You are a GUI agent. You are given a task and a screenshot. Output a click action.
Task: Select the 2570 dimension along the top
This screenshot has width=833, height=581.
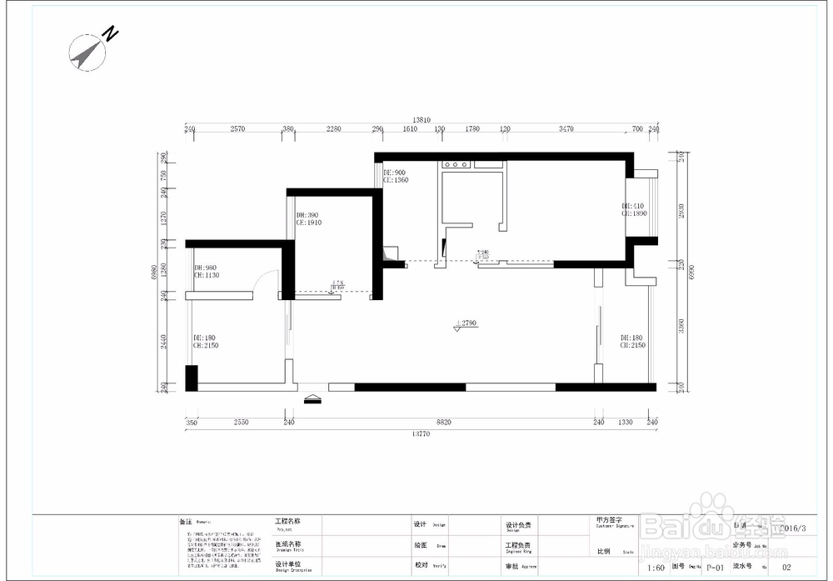point(237,129)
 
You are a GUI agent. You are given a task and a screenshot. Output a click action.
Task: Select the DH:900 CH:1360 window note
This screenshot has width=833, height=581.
point(395,176)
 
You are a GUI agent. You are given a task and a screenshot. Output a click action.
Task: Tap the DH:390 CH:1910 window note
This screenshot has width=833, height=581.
point(308,219)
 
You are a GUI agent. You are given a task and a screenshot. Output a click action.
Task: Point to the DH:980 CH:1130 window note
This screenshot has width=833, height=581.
point(205,271)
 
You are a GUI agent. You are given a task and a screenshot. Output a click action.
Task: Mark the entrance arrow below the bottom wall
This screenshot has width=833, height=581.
point(312,399)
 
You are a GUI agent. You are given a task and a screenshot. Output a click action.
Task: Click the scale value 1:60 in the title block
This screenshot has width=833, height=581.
point(656,568)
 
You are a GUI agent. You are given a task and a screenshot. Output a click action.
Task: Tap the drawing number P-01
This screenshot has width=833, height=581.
point(714,568)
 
